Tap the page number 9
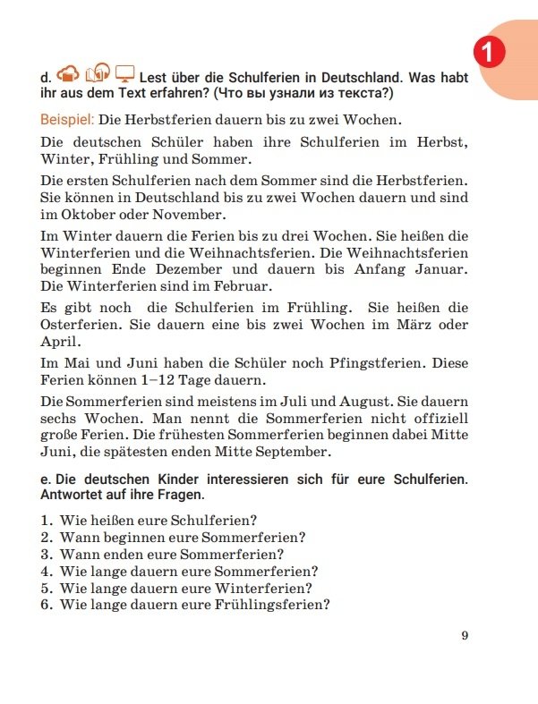pyautogui.click(x=465, y=636)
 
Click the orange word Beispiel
pyautogui.click(x=67, y=118)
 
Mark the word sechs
pyautogui.click(x=61, y=419)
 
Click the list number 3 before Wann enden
pyautogui.click(x=46, y=554)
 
